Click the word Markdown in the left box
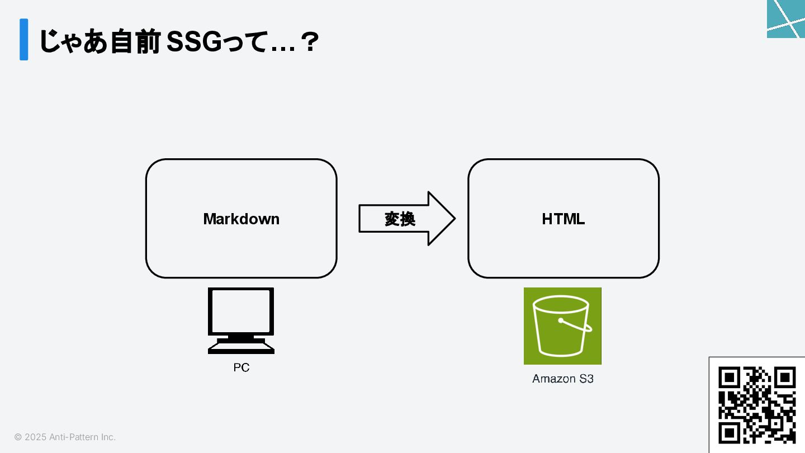[x=241, y=219]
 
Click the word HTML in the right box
[x=563, y=219]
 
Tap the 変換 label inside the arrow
[x=400, y=219]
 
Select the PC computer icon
[x=241, y=320]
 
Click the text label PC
[x=241, y=367]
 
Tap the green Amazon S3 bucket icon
[x=562, y=325]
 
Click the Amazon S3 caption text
[x=562, y=379]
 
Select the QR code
[x=757, y=405]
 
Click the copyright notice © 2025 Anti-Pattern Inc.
[x=65, y=437]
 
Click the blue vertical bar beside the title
[x=23, y=39]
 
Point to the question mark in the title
[x=309, y=42]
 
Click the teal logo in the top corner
[x=786, y=18]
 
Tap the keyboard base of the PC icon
[x=241, y=349]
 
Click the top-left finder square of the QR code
[x=729, y=377]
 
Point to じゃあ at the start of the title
[x=72, y=42]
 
